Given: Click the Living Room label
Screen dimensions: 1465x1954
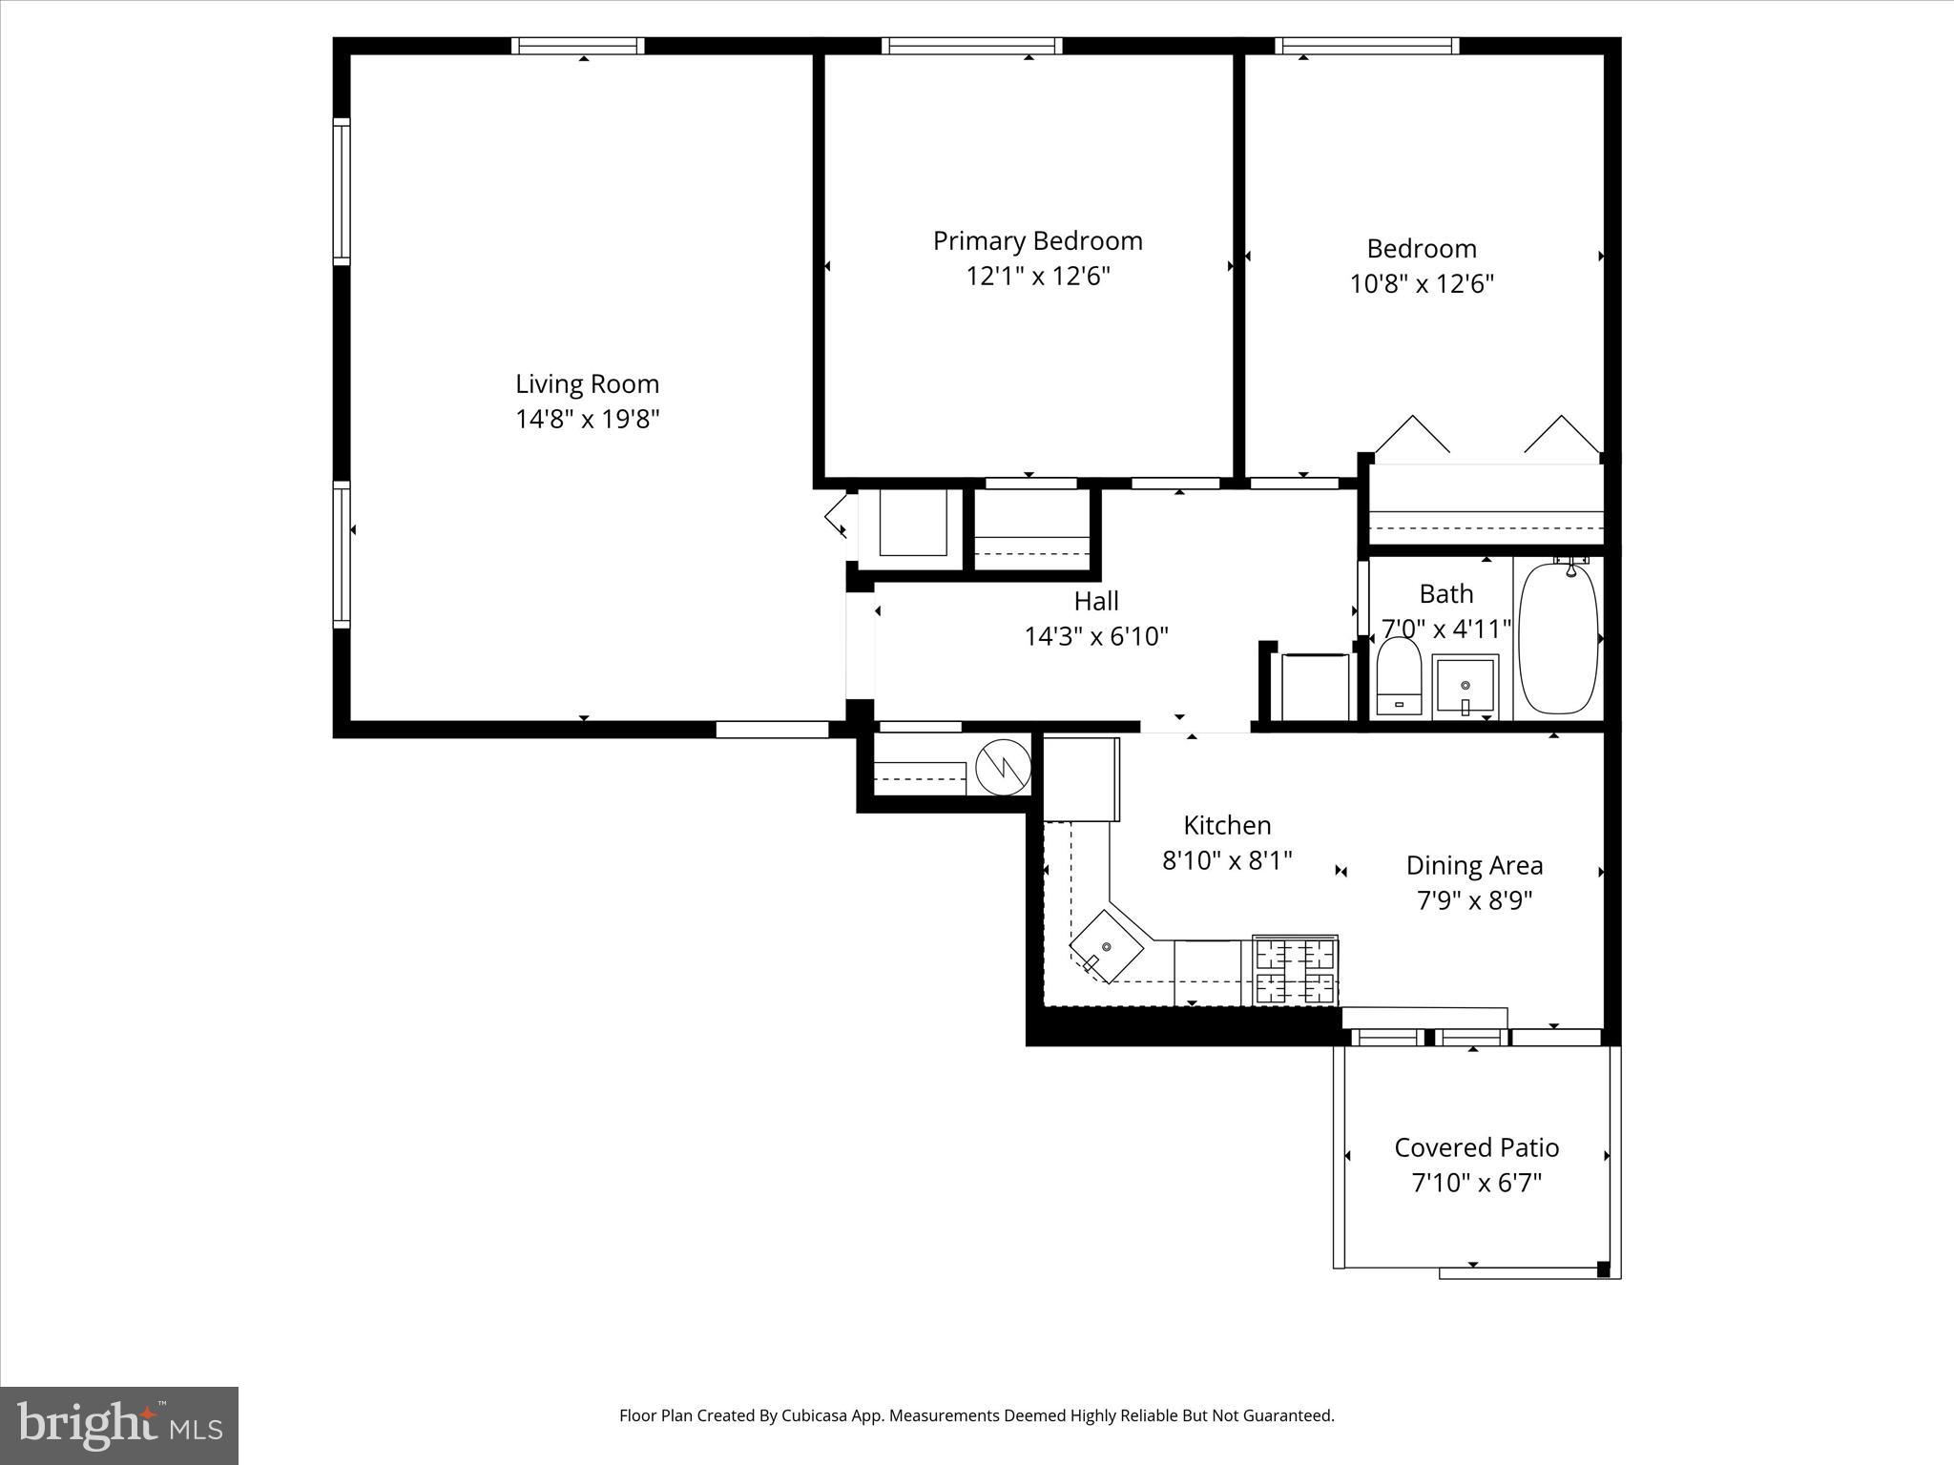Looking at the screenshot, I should [587, 384].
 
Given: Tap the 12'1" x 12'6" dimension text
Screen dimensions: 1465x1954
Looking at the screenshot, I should [1038, 277].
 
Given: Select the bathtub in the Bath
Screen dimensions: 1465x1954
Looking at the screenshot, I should [1557, 638].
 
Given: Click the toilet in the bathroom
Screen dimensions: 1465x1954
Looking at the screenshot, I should [1400, 676].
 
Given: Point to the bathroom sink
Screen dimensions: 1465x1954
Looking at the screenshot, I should [1465, 686].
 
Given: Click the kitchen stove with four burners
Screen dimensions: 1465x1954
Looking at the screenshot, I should [1295, 970].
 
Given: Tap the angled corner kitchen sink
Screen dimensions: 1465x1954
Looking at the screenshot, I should [1106, 947].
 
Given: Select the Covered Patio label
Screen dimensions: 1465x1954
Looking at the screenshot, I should [1476, 1147].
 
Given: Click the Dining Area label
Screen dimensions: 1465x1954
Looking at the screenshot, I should [1474, 866].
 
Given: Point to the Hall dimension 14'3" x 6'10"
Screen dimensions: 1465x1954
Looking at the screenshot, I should [1096, 636].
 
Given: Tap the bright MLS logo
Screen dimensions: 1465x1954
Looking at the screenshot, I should [118, 1425].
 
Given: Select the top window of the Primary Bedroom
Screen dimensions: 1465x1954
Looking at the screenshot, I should [971, 45].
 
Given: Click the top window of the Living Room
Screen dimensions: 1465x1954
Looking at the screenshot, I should [577, 45].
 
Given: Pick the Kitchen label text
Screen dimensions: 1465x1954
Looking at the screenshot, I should [1227, 825].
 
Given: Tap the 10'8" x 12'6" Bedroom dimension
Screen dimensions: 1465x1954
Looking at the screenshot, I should [1421, 284].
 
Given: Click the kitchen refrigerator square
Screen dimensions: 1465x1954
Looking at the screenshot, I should [1080, 778].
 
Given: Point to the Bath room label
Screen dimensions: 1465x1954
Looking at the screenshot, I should [1445, 594].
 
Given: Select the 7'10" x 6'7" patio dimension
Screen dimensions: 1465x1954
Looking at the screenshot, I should [1476, 1184].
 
